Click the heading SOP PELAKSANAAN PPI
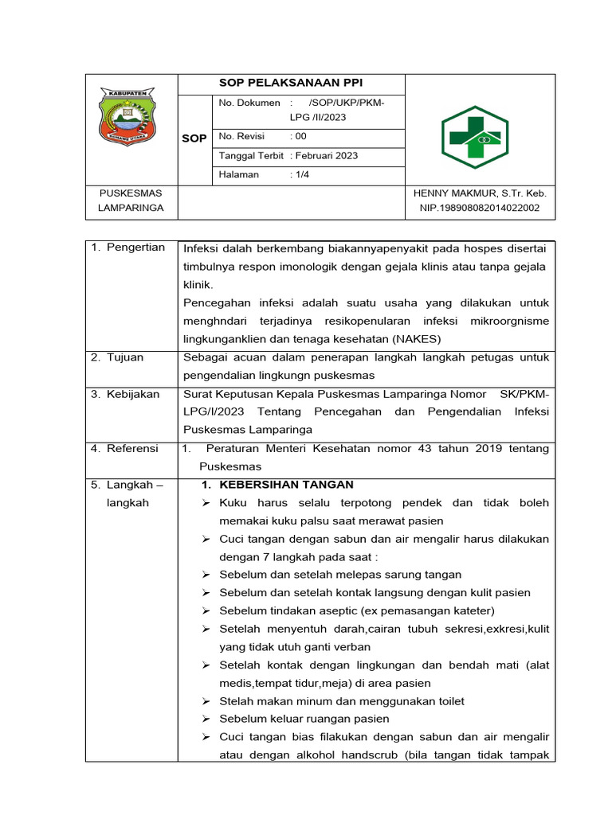coord(290,84)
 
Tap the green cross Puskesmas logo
coord(474,137)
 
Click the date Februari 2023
coord(326,156)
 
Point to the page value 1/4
coord(300,174)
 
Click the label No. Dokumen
coord(249,103)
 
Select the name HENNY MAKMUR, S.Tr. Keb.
coord(480,193)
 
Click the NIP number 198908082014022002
coord(480,208)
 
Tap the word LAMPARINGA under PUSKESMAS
coord(131,208)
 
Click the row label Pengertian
coord(135,247)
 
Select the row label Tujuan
coord(125,357)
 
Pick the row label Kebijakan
coord(132,393)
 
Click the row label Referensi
coord(132,448)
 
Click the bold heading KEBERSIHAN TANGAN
coord(277,485)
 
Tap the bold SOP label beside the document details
coord(194,138)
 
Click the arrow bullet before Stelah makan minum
coord(206,701)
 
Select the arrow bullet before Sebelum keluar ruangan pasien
coord(206,719)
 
